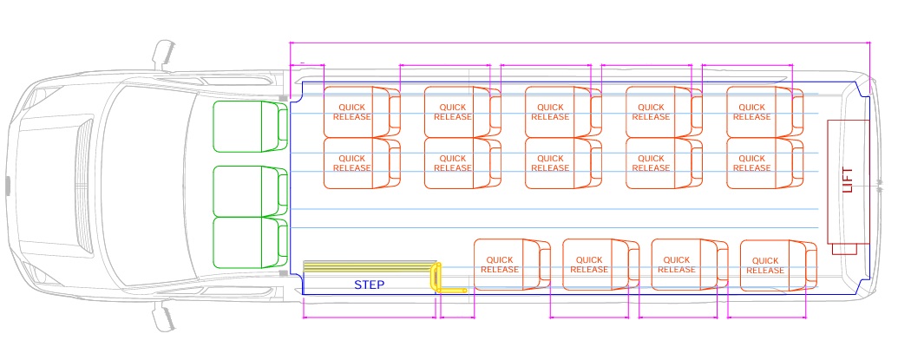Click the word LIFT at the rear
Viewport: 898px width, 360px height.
point(848,180)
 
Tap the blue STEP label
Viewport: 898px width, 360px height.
point(369,285)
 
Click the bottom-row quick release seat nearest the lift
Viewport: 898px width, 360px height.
point(771,265)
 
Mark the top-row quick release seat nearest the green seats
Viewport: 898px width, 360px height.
point(356,111)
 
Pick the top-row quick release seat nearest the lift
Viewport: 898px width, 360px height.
point(758,111)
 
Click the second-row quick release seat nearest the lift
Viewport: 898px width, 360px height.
point(758,163)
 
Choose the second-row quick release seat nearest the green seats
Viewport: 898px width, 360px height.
point(356,163)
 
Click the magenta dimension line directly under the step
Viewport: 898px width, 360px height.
point(369,317)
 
